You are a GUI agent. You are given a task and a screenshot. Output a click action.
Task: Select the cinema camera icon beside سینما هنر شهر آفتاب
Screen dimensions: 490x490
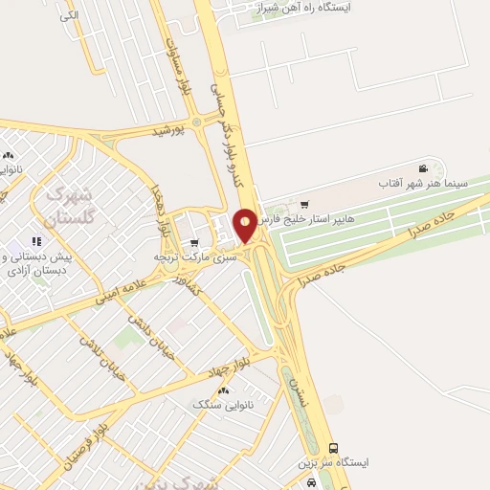tap(423, 168)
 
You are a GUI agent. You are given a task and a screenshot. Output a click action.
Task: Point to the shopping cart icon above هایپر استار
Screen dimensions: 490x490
tap(305, 204)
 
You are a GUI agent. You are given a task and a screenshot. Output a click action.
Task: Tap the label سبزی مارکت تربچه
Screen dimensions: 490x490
tap(189, 257)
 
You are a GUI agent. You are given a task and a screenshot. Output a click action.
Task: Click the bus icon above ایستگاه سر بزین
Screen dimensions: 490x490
tap(333, 447)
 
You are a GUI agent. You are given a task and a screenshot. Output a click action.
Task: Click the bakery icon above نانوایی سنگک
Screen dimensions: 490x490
tap(224, 390)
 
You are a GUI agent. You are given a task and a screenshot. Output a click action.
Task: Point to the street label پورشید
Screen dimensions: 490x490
tap(172, 128)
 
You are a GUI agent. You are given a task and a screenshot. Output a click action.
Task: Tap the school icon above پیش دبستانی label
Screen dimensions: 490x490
tap(36, 241)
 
